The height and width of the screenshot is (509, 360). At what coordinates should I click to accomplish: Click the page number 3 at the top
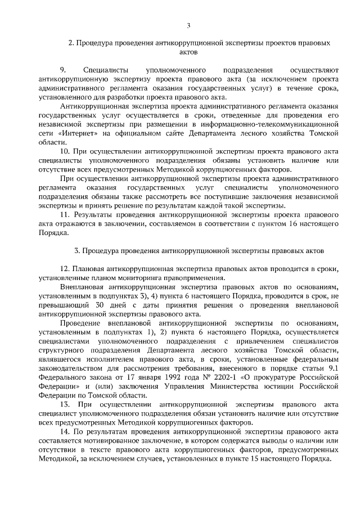click(x=188, y=25)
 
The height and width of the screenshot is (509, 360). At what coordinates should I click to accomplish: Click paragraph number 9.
click(x=63, y=70)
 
